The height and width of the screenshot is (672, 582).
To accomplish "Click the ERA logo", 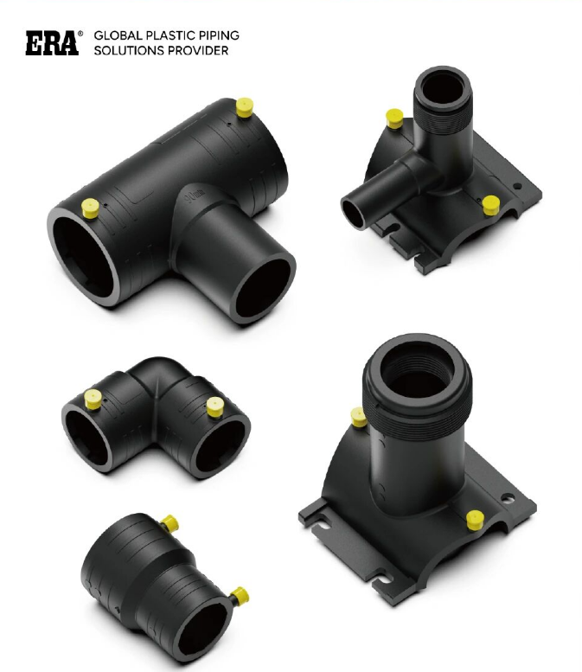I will pos(50,43).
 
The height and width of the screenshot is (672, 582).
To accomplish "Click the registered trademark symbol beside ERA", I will pos(80,34).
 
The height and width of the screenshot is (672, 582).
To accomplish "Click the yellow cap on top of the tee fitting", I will pos(244,110).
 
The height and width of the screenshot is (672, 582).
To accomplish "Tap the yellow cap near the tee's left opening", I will pos(88,208).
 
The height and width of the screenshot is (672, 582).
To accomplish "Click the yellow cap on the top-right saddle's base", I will pos(490,204).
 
